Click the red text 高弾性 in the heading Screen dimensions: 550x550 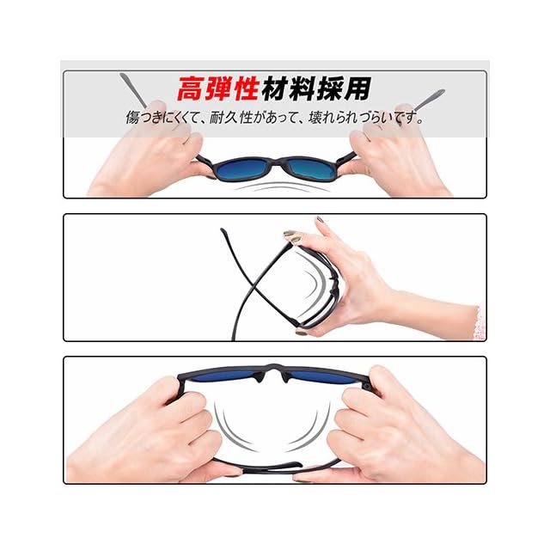tap(218, 89)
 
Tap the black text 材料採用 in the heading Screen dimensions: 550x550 tap(316, 89)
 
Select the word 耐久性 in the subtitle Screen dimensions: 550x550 tap(231, 118)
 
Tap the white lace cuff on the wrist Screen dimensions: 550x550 tap(480, 323)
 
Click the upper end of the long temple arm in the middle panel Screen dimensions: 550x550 tap(222, 229)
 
